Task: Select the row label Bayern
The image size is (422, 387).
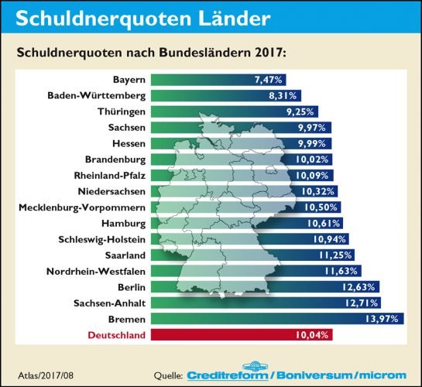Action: pos(129,79)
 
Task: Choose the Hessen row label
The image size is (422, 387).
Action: pos(126,143)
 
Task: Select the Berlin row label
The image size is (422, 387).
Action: pos(130,287)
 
